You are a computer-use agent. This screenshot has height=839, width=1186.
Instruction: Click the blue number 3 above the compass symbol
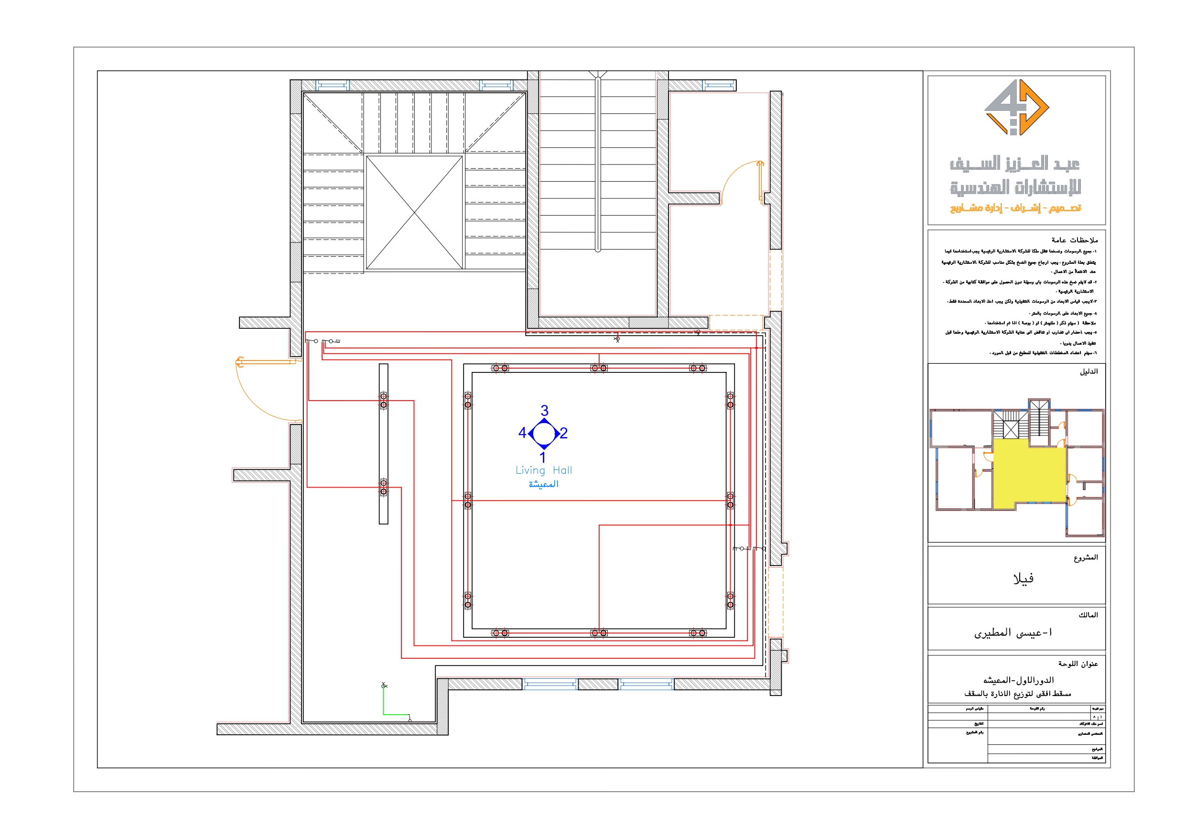pyautogui.click(x=544, y=411)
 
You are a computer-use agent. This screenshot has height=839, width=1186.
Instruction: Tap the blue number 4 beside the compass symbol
pyautogui.click(x=522, y=433)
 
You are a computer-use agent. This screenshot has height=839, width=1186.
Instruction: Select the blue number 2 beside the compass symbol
pyautogui.click(x=563, y=433)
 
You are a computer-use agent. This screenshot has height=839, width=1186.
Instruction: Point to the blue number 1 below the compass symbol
pyautogui.click(x=543, y=457)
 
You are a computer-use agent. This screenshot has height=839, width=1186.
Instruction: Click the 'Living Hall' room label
pyautogui.click(x=543, y=470)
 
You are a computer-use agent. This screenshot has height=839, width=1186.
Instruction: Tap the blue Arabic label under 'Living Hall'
pyautogui.click(x=543, y=484)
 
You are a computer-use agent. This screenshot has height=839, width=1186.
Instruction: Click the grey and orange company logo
pyautogui.click(x=1016, y=108)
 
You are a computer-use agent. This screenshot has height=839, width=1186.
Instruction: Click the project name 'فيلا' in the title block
pyautogui.click(x=1023, y=578)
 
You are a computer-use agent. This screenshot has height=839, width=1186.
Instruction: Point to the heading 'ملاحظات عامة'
pyautogui.click(x=1075, y=240)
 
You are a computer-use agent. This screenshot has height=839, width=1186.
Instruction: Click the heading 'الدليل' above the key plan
pyautogui.click(x=1089, y=371)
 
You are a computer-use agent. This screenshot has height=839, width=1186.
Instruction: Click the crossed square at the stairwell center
pyautogui.click(x=414, y=212)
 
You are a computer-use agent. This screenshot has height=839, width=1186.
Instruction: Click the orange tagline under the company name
pyautogui.click(x=1015, y=208)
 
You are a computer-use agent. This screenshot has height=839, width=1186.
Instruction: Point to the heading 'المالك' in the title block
pyautogui.click(x=1088, y=615)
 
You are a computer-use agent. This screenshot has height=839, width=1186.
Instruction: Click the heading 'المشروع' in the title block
pyautogui.click(x=1085, y=557)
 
